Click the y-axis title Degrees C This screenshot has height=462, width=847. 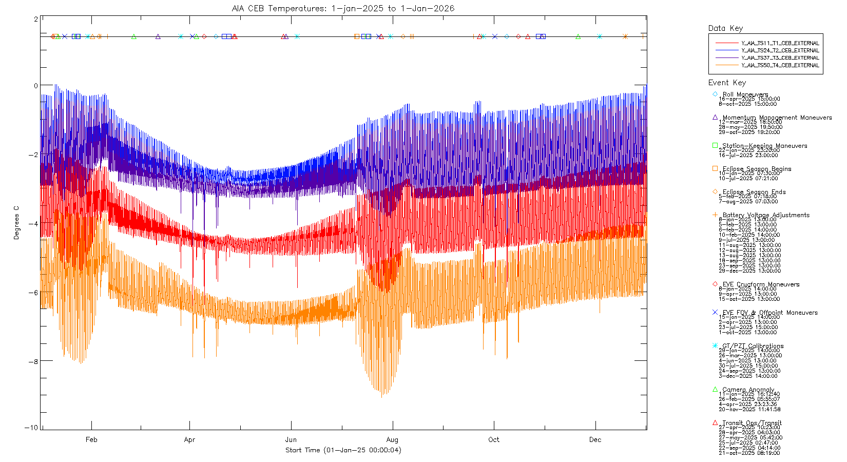tap(16, 223)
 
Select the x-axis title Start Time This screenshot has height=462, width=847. tap(343, 450)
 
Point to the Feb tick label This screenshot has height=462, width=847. tap(91, 439)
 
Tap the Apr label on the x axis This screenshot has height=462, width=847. tap(189, 439)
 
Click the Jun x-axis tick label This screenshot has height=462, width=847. tap(291, 439)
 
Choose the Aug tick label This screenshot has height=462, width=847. tap(392, 439)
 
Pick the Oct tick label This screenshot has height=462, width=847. tap(494, 439)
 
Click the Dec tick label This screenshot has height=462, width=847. tap(595, 439)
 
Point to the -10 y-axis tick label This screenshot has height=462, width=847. tap(31, 428)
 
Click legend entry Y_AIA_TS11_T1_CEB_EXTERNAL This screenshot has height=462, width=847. tap(780, 43)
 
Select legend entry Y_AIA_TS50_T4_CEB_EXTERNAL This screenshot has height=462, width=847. tap(780, 65)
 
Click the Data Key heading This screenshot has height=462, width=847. tap(725, 28)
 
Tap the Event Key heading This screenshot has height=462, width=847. tap(727, 83)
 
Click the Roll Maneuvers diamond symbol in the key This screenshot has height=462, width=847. tap(715, 94)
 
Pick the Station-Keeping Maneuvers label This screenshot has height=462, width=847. tap(765, 146)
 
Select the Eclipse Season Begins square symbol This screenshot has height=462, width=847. tap(715, 168)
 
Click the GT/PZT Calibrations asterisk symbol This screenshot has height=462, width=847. tap(715, 345)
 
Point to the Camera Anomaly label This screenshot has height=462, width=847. tap(748, 390)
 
